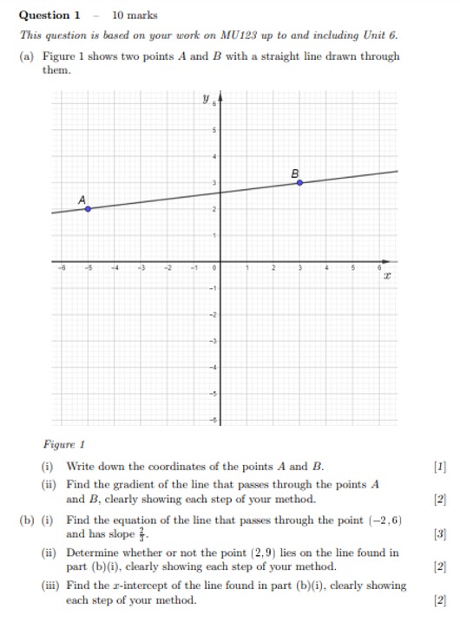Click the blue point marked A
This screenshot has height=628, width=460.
click(x=88, y=208)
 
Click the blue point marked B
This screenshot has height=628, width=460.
click(x=300, y=182)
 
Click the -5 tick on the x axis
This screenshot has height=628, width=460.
click(x=88, y=269)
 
